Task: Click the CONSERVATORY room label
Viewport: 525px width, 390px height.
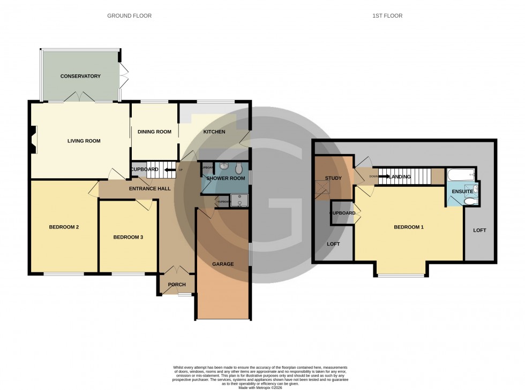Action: tap(80, 77)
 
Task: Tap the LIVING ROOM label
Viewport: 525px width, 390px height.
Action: tap(84, 141)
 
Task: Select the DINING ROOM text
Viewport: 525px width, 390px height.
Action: tap(154, 132)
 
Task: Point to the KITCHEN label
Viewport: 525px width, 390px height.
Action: tap(214, 132)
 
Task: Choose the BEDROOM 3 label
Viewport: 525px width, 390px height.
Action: tap(127, 237)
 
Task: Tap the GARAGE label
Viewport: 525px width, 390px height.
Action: tap(222, 264)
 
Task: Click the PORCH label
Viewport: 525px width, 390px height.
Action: tap(176, 285)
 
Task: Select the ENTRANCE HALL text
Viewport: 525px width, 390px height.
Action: tap(149, 188)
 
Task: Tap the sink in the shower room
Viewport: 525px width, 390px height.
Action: tap(222, 166)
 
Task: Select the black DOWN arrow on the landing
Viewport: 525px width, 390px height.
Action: tap(384, 176)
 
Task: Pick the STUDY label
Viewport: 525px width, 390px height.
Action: tap(333, 178)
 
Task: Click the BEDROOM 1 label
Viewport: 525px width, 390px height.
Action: tap(409, 227)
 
